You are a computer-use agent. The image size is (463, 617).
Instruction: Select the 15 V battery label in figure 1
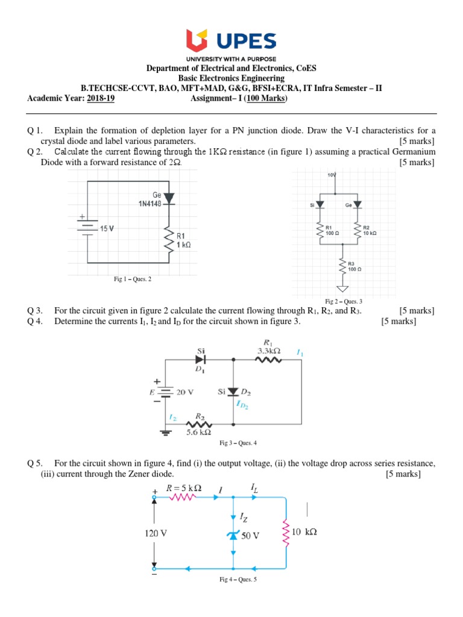point(106,228)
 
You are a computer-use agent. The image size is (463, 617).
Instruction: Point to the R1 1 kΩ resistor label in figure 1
point(183,240)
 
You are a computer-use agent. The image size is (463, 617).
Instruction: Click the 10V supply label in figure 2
point(332,175)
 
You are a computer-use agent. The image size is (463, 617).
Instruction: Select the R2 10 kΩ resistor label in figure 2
point(370,230)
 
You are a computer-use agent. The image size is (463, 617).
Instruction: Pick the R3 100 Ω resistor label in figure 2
point(354,266)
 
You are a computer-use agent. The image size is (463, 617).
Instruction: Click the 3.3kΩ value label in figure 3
point(269,350)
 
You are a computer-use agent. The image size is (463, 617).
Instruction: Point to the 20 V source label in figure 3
point(186,392)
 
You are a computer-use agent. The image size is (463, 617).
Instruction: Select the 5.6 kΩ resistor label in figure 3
point(200,432)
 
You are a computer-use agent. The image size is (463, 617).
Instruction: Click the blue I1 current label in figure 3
point(300,352)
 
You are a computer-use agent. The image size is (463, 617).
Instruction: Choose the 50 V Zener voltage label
point(250,535)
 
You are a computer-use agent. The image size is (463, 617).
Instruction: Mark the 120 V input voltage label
point(156,533)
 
